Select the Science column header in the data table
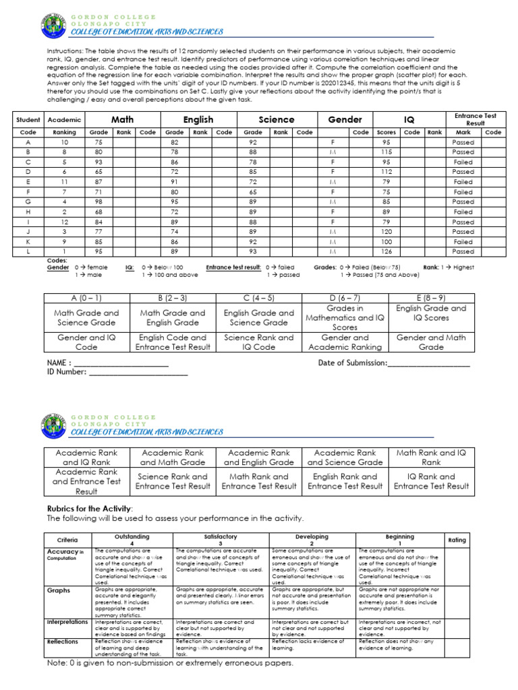pyautogui.click(x=277, y=119)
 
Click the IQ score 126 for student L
pyautogui.click(x=386, y=251)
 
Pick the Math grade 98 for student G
pyautogui.click(x=98, y=201)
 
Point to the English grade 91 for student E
pyautogui.click(x=175, y=182)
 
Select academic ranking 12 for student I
pyautogui.click(x=64, y=222)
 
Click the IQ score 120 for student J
pyautogui.click(x=386, y=232)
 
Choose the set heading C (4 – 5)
pyautogui.click(x=259, y=298)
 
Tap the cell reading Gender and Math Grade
pyautogui.click(x=431, y=342)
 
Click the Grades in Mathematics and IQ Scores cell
pyautogui.click(x=345, y=318)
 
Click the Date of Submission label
pyautogui.click(x=352, y=363)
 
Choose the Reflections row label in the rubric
pyautogui.click(x=63, y=641)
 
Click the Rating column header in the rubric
pyautogui.click(x=457, y=540)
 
